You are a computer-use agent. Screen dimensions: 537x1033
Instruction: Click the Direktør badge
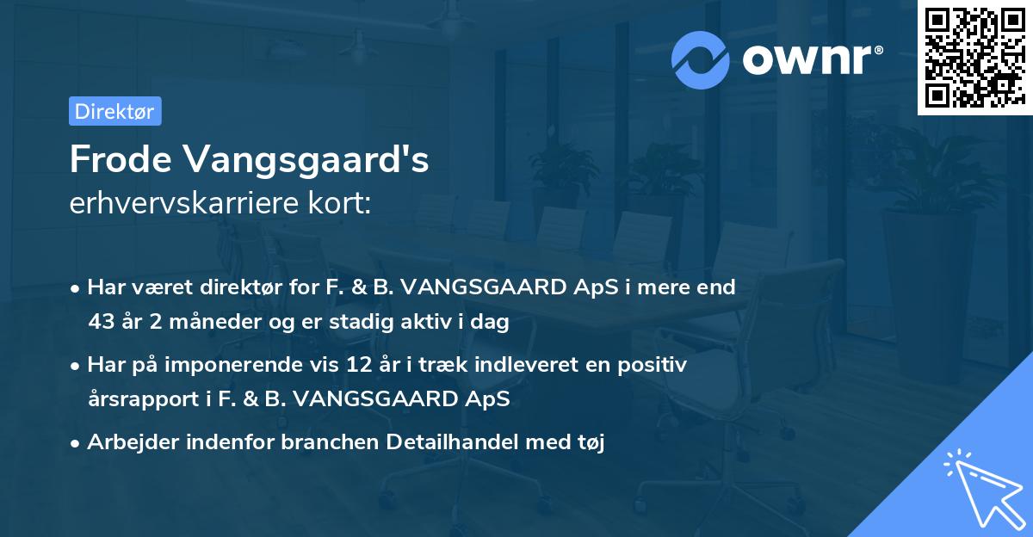coord(114,111)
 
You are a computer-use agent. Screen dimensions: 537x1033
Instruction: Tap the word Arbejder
coord(129,442)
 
